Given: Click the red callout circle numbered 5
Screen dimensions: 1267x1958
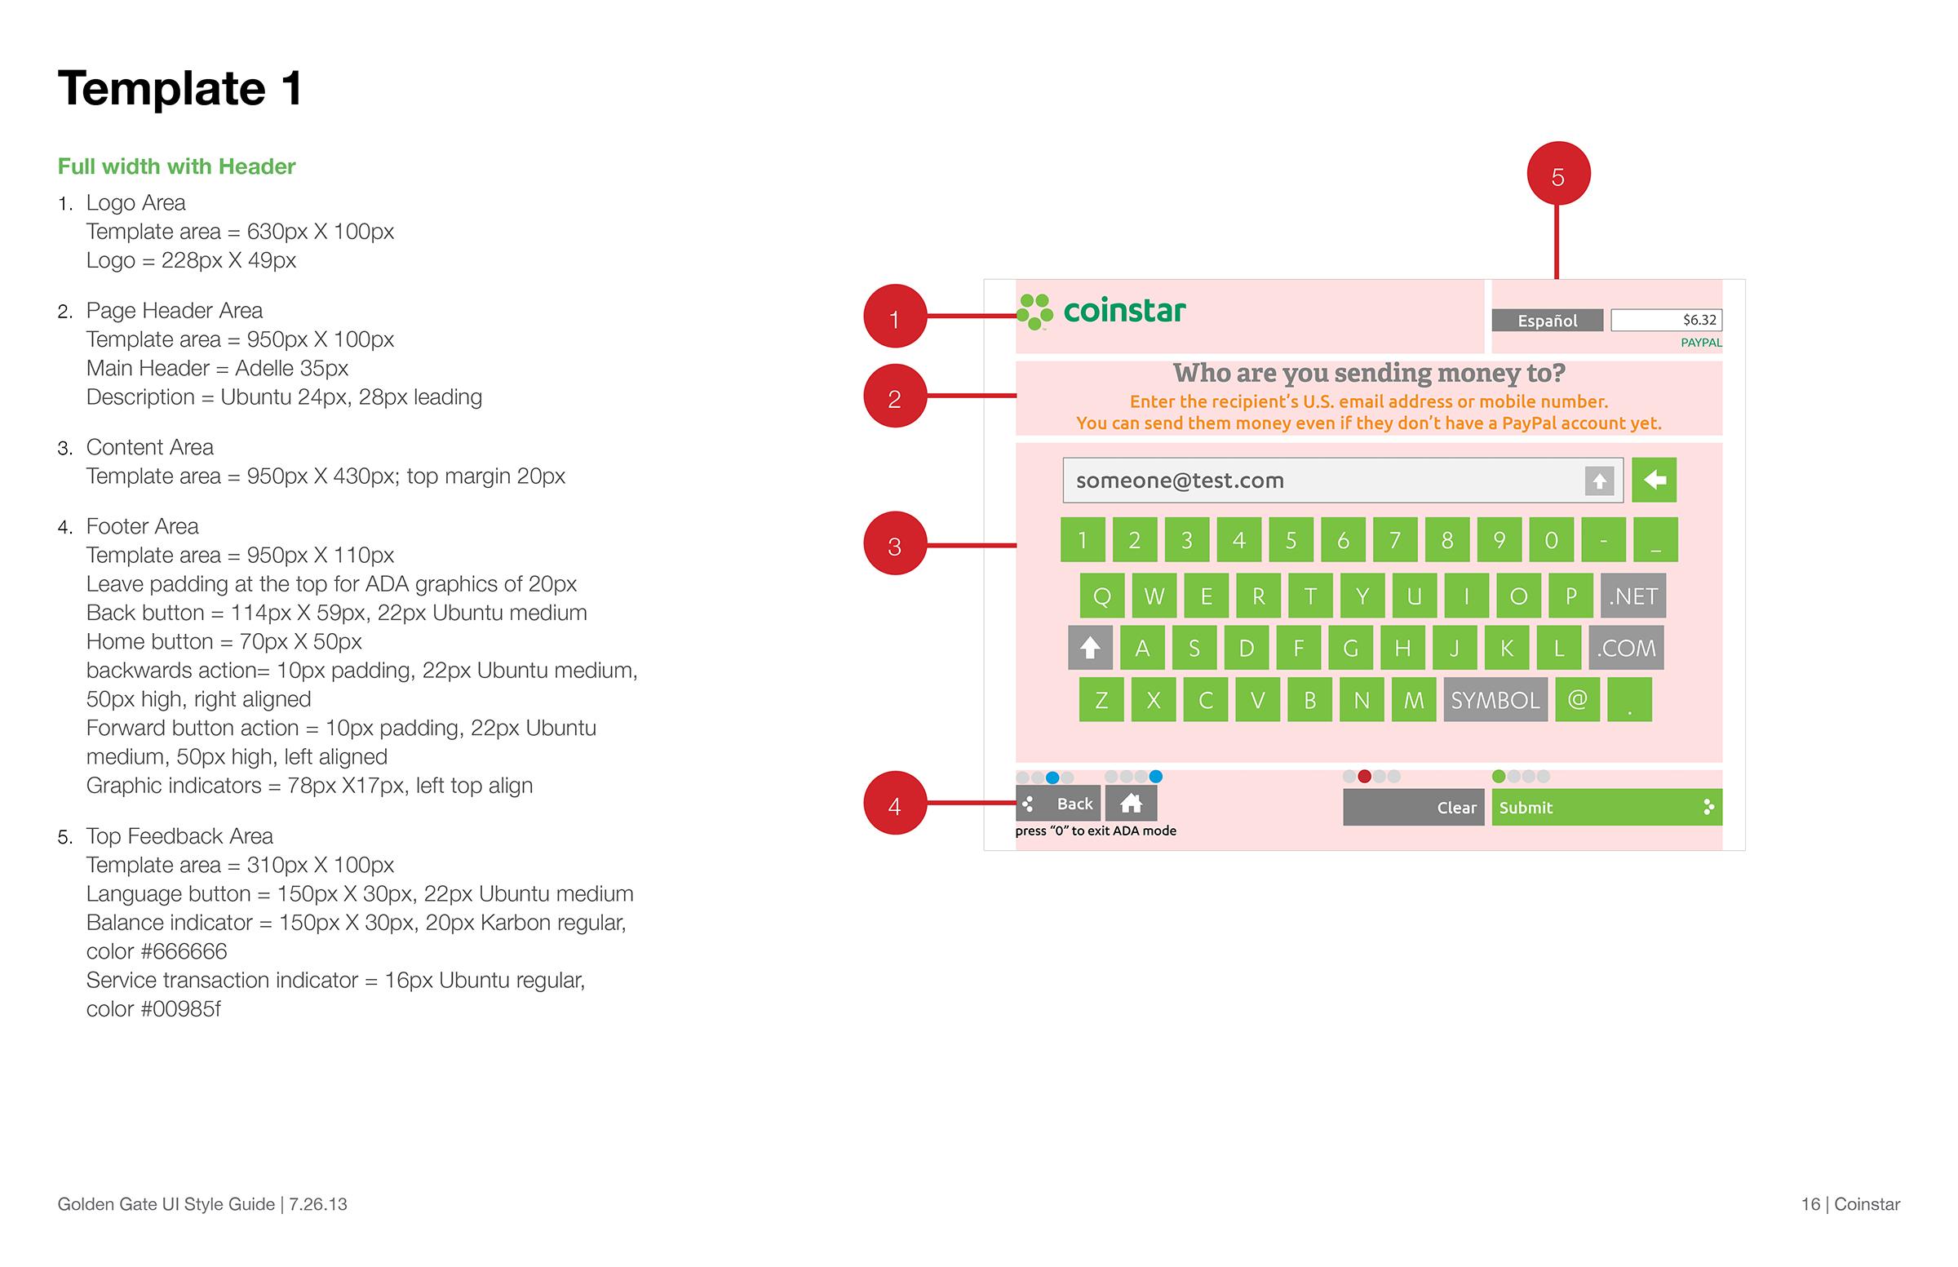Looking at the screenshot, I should (x=1557, y=174).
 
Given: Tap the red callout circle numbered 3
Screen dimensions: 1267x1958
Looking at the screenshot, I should (x=894, y=544).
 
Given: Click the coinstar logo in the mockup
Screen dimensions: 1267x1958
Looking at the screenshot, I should (x=1101, y=312).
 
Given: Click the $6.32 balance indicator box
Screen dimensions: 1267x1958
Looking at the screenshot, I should (x=1665, y=320).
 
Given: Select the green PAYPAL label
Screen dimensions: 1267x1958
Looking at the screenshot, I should (x=1699, y=343).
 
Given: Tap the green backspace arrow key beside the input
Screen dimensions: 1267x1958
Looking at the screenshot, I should (x=1654, y=480).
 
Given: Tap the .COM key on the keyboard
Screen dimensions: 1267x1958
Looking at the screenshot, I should (x=1626, y=649).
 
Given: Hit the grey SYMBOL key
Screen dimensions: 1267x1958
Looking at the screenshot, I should (x=1494, y=700).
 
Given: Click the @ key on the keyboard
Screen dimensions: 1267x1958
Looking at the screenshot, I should (x=1577, y=700).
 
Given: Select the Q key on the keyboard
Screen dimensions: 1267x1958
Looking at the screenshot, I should (x=1101, y=596).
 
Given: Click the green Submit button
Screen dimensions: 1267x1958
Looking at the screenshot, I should (x=1605, y=808).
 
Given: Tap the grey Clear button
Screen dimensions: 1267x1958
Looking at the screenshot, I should (x=1412, y=808).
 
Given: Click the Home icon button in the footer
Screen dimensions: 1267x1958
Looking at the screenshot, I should (x=1131, y=803).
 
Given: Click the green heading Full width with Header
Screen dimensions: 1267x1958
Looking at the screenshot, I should (x=176, y=166).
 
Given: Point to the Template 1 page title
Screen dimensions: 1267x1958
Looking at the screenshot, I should (x=180, y=89).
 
